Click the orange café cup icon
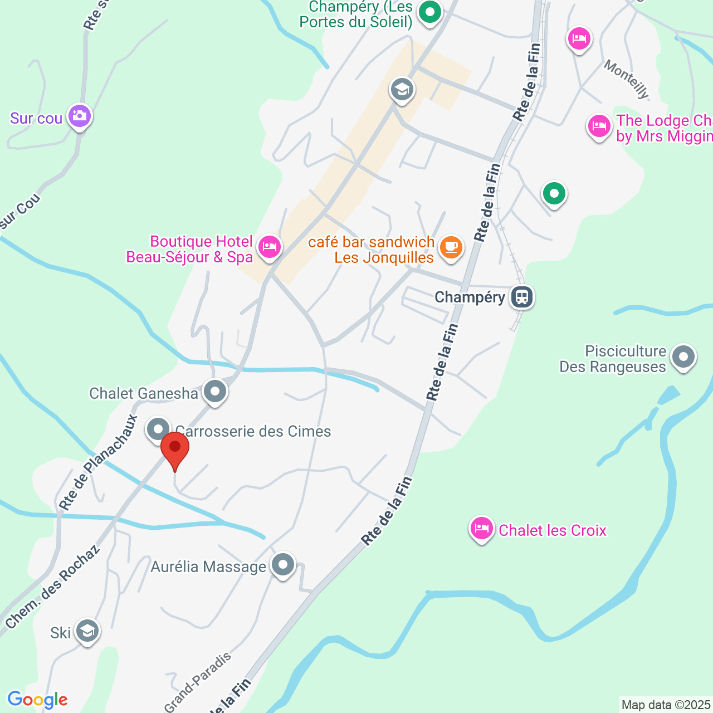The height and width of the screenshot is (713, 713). [x=451, y=247]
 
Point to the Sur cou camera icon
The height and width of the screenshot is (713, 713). [x=80, y=116]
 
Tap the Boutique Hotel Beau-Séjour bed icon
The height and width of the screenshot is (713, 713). [x=270, y=246]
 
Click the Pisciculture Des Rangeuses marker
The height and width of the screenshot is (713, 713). [x=683, y=356]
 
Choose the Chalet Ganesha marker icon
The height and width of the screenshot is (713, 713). [x=215, y=392]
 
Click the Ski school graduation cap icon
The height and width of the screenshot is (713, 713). [x=87, y=631]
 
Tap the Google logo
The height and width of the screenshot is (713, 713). [x=37, y=700]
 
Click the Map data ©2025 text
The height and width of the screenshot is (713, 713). [x=666, y=705]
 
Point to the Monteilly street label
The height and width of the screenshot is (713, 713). [x=627, y=80]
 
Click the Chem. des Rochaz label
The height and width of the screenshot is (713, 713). [x=53, y=587]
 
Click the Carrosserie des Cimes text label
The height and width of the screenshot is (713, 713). [x=253, y=431]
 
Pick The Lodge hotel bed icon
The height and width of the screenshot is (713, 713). [x=599, y=126]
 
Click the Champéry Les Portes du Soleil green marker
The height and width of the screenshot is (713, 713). [x=429, y=12]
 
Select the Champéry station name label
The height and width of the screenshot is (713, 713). [x=470, y=297]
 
